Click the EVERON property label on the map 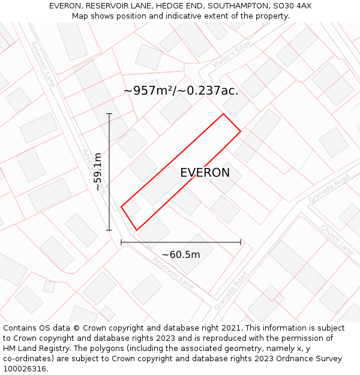click(x=205, y=173)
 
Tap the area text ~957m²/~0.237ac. click(x=181, y=91)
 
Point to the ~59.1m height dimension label click(x=98, y=172)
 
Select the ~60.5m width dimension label click(x=181, y=254)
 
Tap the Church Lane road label click(x=337, y=239)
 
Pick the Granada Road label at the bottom click(x=231, y=290)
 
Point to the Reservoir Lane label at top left click(x=43, y=64)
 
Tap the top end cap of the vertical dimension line click(x=109, y=113)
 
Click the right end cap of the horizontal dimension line click(x=241, y=242)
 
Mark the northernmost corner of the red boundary click(x=223, y=114)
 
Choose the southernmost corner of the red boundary click(x=137, y=230)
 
